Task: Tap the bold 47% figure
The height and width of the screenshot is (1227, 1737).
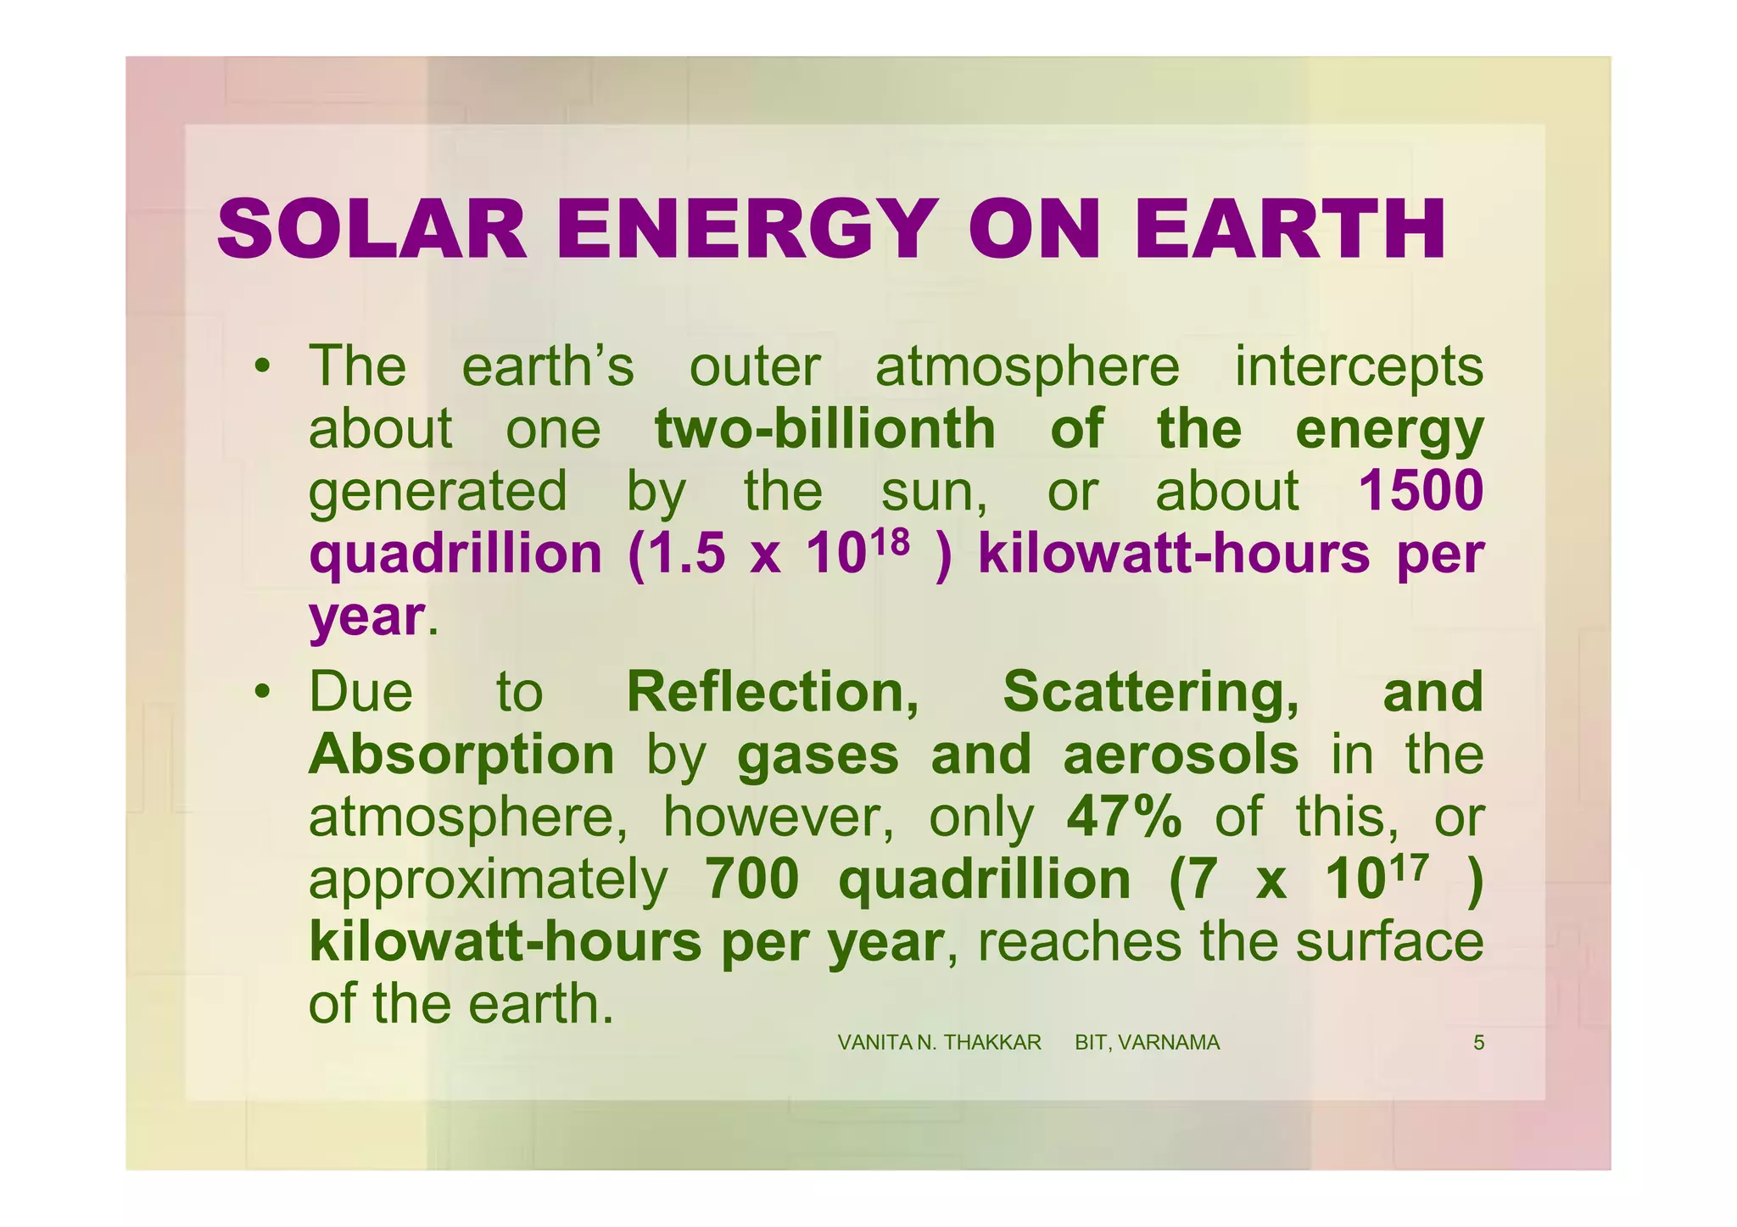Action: [1124, 817]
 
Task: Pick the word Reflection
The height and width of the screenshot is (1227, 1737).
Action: [772, 692]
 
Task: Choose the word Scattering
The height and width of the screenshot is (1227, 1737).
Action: [1150, 692]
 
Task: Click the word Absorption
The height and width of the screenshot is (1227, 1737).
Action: [461, 755]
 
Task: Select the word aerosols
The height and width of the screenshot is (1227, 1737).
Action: [1181, 755]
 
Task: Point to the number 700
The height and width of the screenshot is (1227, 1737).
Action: [751, 879]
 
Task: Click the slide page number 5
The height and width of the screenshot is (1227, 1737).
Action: [1478, 1043]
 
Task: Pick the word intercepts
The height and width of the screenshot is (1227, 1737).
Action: [1359, 366]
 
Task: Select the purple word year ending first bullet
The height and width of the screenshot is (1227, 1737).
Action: [366, 616]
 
